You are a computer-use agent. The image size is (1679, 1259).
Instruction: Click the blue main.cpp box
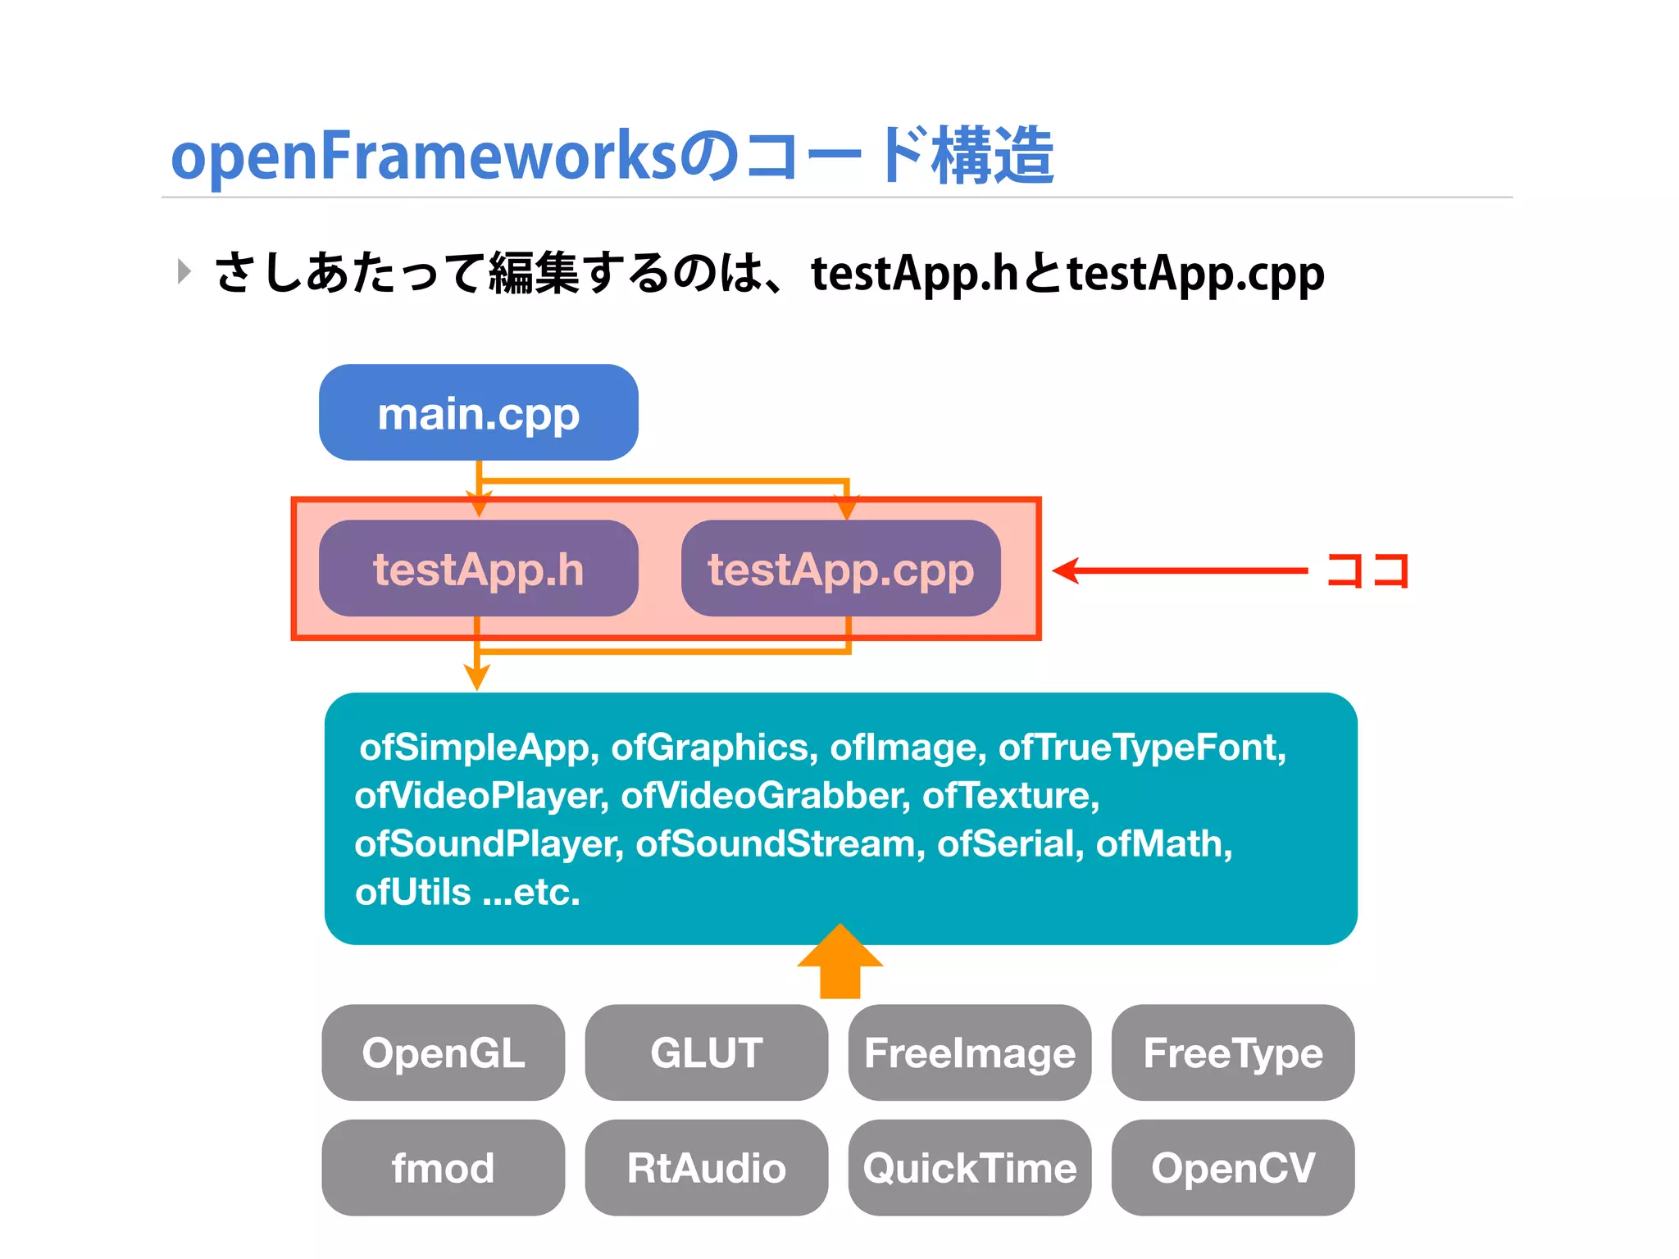pos(478,412)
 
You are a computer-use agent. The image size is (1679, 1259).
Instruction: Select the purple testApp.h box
pos(478,568)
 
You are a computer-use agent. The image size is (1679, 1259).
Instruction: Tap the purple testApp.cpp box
pos(840,568)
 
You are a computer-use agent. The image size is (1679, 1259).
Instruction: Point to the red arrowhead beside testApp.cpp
pos(1066,570)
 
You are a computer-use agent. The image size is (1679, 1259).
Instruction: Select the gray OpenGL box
pos(443,1052)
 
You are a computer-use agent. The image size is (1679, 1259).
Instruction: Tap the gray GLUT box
pos(706,1052)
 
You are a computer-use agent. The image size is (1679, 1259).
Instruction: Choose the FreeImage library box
pos(969,1052)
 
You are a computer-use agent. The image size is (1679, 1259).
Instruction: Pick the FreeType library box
pos(1232,1052)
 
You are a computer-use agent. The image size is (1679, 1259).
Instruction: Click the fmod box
pos(443,1167)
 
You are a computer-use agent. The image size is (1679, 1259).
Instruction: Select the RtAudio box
pos(706,1167)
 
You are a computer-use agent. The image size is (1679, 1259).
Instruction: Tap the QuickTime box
pos(969,1167)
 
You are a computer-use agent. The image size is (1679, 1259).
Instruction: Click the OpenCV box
pos(1232,1167)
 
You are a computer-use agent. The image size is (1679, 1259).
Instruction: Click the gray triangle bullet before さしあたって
pos(184,271)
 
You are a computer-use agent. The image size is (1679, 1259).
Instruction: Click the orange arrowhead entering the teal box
pos(476,677)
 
